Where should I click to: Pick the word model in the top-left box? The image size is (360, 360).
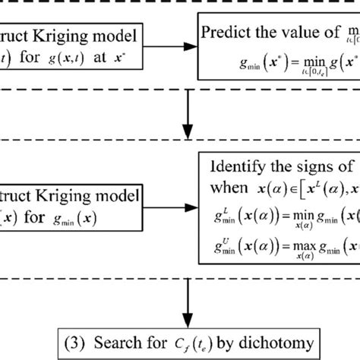pyautogui.click(x=122, y=36)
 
